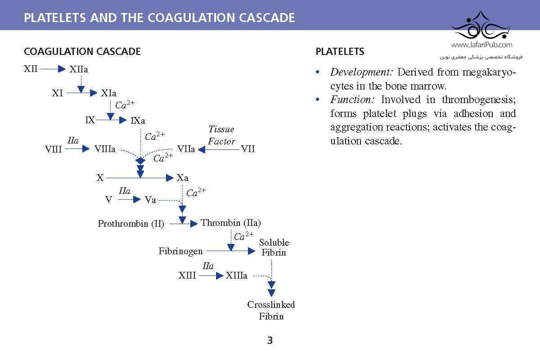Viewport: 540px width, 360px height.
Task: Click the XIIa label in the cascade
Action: (x=79, y=69)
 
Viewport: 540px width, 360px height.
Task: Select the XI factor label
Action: (x=58, y=93)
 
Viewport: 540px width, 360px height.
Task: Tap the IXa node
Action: (x=138, y=121)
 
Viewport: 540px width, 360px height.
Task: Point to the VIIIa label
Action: (x=105, y=149)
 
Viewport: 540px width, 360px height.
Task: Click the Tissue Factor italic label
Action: (x=221, y=135)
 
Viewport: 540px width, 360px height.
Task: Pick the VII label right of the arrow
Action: (x=248, y=149)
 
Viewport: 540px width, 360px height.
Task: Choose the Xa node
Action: (x=182, y=178)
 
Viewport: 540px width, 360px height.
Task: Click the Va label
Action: (x=150, y=200)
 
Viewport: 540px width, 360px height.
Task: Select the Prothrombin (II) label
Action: (x=131, y=224)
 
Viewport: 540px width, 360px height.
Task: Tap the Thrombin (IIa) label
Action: (x=231, y=223)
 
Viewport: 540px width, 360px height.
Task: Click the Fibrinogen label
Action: (x=180, y=251)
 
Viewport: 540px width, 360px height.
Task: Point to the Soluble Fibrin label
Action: (x=274, y=247)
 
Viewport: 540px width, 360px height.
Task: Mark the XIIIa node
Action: (x=237, y=275)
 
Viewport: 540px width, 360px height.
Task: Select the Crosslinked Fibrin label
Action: (x=271, y=310)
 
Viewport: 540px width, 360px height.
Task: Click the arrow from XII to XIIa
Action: (x=53, y=69)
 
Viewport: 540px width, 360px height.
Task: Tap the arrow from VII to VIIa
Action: (x=218, y=149)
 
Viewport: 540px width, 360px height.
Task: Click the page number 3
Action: (x=270, y=340)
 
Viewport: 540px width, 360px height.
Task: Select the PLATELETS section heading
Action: (x=340, y=51)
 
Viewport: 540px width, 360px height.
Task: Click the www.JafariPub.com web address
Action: (x=481, y=45)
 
